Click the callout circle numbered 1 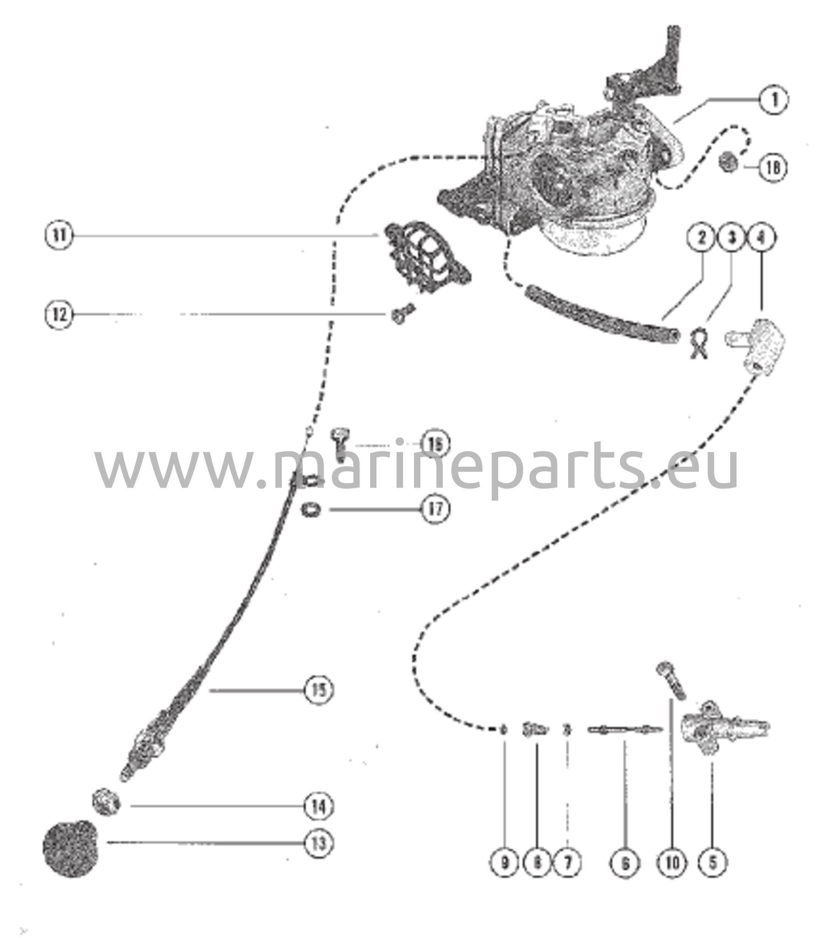774,99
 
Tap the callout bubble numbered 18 773,168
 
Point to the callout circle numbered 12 59,315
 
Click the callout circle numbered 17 436,509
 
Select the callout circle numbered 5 712,863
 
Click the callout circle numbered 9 505,863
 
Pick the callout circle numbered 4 762,238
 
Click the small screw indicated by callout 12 402,314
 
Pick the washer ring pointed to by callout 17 310,509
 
